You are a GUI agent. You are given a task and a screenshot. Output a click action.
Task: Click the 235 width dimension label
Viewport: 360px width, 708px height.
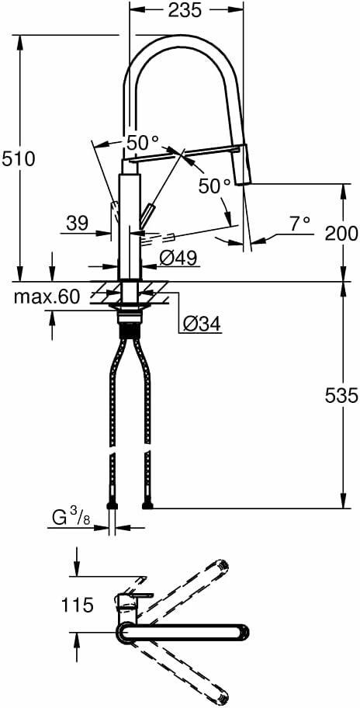point(185,10)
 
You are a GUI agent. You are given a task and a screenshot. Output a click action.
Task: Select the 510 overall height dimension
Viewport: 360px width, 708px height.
point(18,159)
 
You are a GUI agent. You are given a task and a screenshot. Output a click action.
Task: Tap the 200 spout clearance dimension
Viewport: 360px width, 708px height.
point(341,233)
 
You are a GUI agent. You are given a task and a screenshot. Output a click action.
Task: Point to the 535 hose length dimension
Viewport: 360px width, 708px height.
point(341,396)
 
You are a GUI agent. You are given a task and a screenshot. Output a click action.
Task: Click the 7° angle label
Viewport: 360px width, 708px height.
point(299,223)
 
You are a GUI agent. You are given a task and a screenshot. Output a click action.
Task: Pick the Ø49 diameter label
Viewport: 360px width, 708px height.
point(178,259)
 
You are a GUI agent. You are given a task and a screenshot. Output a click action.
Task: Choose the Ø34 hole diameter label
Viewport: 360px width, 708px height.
point(202,323)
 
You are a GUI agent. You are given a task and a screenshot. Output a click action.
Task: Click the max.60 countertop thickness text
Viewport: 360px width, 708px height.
point(47,297)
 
